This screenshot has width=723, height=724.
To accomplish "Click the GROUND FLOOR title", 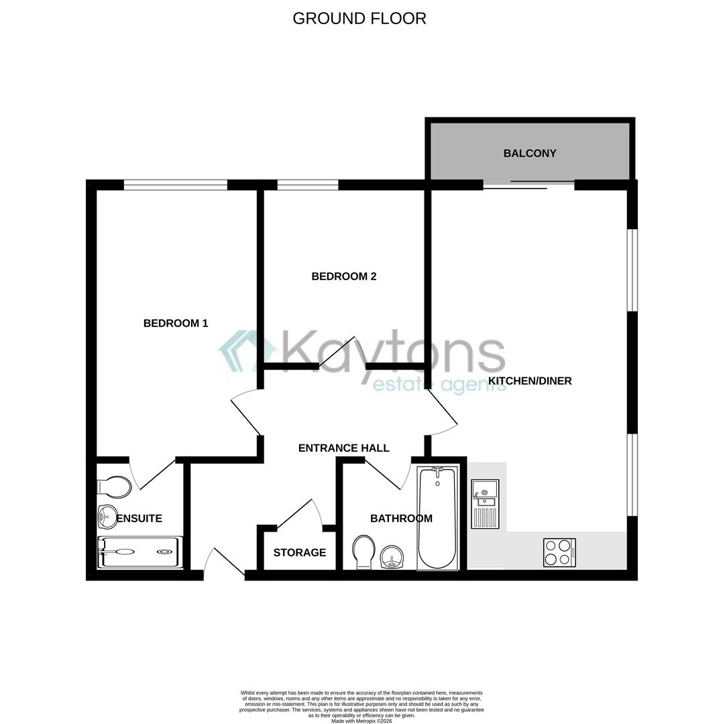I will pos(359,18).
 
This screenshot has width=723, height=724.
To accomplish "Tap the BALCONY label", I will pos(530,153).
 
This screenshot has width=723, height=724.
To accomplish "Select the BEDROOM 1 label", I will pos(176,323).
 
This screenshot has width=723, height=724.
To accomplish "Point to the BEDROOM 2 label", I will pos(344,276).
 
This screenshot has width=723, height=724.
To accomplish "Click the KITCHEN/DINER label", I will pos(530,381).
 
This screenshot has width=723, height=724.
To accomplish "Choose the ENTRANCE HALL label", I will pos(343,448).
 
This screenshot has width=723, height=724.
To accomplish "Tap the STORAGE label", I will pos(300,552).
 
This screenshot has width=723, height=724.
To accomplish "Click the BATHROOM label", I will pos(401,518).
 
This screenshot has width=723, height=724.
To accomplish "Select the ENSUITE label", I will pos(140,518).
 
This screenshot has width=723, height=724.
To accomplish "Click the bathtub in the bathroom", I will pos(437,518).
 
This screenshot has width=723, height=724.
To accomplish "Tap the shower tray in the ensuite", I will pos(140,552).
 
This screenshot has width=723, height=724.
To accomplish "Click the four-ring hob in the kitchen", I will pos(559,552).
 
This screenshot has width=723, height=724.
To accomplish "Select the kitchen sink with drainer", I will pos(484,503).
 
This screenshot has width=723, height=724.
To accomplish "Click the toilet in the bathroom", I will pos(364,551).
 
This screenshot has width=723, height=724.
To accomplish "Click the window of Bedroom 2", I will pos(308,185).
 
